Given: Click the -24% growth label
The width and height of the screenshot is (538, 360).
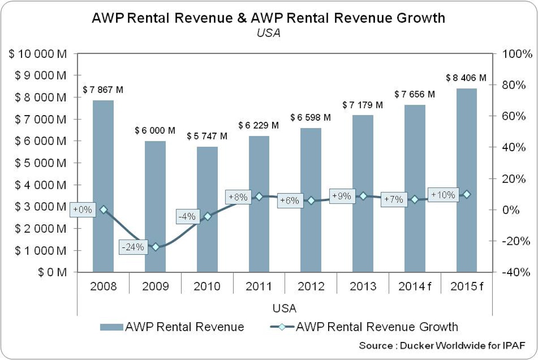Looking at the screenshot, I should point(133,247).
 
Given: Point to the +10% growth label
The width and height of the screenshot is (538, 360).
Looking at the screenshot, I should point(443,195).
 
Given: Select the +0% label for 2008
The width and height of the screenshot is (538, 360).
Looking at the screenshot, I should point(83,209).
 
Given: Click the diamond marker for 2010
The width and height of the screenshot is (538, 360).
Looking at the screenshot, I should point(208,217).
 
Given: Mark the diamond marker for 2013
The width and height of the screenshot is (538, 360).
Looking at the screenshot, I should point(363,196).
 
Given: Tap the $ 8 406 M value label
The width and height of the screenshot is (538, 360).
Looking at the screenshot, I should point(466,78).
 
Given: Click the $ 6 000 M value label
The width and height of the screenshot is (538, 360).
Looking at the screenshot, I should point(155,131).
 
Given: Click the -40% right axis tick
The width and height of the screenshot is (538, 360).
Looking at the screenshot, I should point(511,273).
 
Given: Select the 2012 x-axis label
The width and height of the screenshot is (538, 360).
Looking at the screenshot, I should point(311,286).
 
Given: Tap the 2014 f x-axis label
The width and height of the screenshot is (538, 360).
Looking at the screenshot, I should point(415,286).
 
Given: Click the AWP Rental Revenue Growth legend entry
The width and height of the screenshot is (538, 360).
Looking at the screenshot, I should point(377,326).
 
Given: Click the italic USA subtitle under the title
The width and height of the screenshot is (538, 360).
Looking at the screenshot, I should point(269,33).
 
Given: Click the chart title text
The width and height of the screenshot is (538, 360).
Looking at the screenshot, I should point(269,18).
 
